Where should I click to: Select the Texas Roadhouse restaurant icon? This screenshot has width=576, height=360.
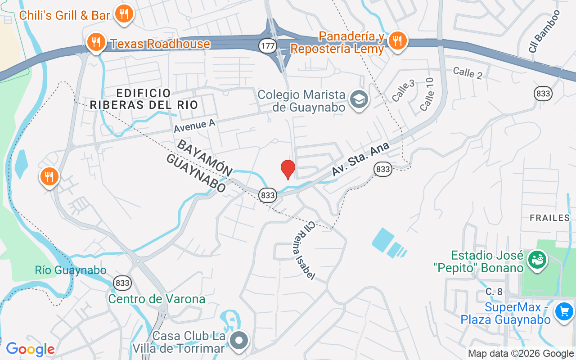point(95,43)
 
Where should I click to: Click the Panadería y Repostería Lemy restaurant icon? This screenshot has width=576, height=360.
point(396,41)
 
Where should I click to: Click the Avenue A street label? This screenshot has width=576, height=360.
point(195,125)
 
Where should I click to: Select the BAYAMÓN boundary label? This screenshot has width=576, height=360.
point(205,157)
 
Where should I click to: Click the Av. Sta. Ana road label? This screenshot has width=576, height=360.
point(360,158)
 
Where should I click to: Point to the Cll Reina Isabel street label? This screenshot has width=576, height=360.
point(305,250)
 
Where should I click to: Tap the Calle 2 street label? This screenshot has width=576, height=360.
point(468,73)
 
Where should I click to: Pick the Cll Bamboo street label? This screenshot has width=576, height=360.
point(545,31)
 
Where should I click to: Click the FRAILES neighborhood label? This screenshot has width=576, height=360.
point(549,218)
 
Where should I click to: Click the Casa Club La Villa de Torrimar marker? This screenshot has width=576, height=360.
point(239,340)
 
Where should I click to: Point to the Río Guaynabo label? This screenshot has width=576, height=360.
point(71,270)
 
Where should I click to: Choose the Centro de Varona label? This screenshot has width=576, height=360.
point(157,299)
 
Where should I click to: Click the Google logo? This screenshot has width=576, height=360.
point(30,349)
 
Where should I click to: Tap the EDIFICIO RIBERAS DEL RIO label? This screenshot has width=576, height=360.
point(144,99)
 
